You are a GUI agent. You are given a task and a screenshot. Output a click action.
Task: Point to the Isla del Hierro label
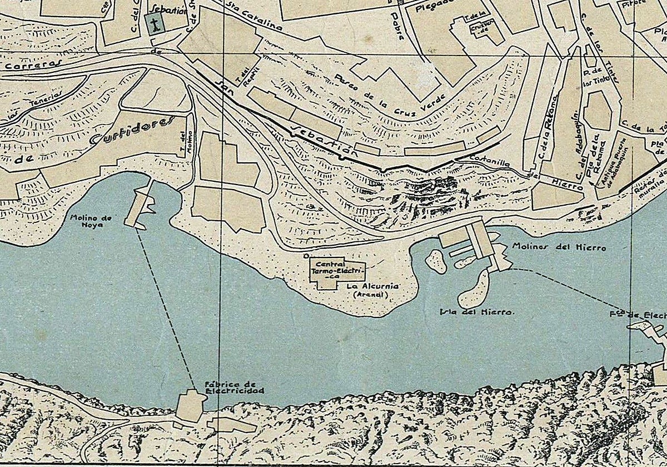coord(477,312)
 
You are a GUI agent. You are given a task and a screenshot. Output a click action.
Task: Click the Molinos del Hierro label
coord(559,247)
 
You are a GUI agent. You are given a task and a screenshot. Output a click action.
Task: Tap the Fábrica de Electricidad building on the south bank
coord(189,406)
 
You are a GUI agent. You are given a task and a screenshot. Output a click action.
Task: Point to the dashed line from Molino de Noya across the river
coord(167,311)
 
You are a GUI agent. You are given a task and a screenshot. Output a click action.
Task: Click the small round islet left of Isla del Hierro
coord(436,261)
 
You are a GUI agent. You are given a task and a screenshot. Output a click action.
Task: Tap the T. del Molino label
coord(186,143)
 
